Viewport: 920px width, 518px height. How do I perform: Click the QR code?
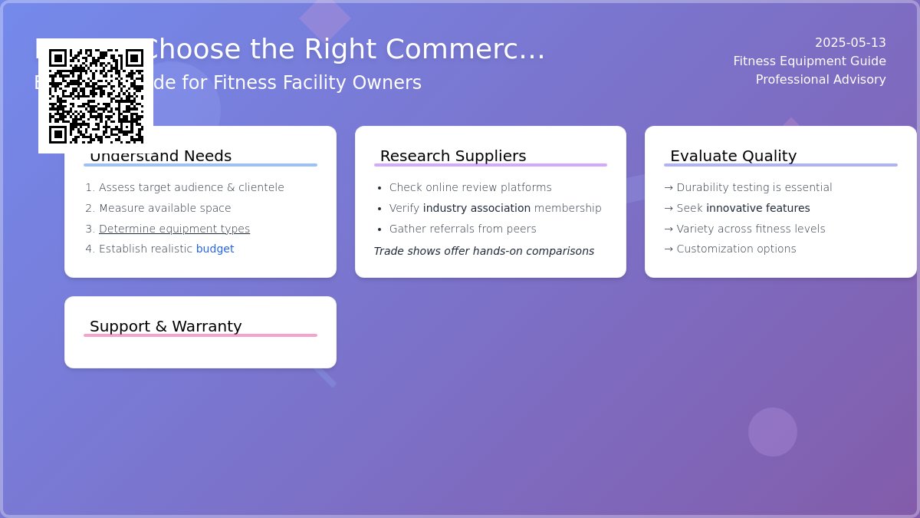tap(96, 96)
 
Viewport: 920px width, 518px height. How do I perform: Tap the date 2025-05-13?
tap(850, 43)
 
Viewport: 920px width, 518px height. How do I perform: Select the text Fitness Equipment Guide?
tap(809, 61)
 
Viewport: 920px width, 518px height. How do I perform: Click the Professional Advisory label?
tap(820, 80)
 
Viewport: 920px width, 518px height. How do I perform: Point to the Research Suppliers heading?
tap(453, 157)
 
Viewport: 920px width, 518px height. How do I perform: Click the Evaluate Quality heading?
tap(733, 157)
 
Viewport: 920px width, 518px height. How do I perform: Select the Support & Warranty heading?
tap(166, 327)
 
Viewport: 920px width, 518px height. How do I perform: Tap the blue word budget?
tap(215, 249)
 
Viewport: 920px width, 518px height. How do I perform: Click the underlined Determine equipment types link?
tap(174, 229)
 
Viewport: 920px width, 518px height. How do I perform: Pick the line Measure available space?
tap(165, 209)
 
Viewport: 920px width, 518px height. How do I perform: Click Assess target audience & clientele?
tap(191, 188)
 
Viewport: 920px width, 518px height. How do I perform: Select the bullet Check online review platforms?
tap(470, 188)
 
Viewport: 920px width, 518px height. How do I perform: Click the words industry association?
tap(476, 209)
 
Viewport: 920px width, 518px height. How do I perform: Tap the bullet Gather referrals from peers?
tap(462, 229)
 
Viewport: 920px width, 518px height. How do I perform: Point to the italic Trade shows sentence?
tap(484, 252)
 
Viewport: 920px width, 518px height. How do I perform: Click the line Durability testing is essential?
tap(754, 188)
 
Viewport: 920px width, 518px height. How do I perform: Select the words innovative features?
tap(757, 209)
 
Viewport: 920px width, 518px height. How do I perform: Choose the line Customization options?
tap(736, 249)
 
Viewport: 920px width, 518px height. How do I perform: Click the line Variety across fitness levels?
tap(751, 229)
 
